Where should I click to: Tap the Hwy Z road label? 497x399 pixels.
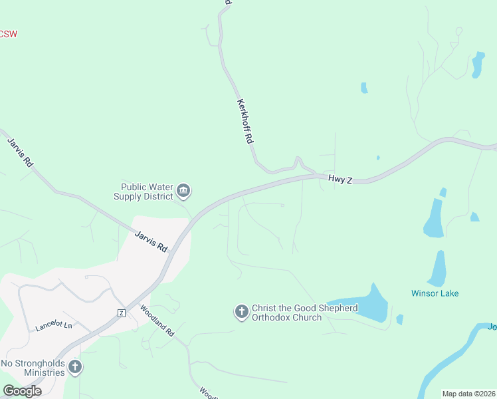coord(340,179)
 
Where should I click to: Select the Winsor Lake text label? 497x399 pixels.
coord(435,293)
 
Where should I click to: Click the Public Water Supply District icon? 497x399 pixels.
coord(184,192)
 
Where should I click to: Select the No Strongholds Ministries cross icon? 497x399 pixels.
coord(75,367)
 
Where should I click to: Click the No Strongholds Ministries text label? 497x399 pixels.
coord(33,368)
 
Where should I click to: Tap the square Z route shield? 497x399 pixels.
coord(121,313)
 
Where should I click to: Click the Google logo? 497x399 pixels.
coord(22,391)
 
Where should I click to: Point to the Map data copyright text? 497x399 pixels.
coord(468,394)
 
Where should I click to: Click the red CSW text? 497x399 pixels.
coord(8,34)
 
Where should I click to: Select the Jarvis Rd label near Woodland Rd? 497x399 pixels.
coord(151,241)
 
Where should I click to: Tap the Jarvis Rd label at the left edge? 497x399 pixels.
coord(19,152)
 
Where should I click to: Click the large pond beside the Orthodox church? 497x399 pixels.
coord(362,305)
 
